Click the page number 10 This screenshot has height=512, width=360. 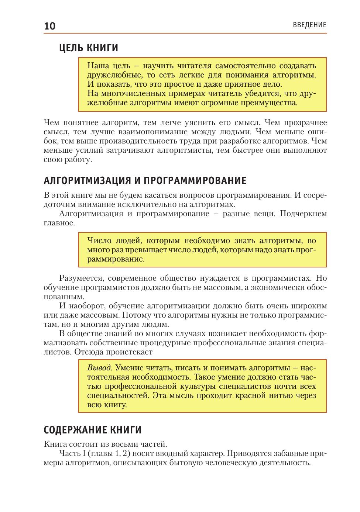pos(50,26)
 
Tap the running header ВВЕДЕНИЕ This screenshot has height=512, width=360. pos(309,25)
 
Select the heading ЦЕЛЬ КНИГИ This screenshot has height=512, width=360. pos(89,48)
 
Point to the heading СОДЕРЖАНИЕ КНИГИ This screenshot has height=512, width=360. pos(93,430)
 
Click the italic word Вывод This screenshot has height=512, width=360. pos(99,368)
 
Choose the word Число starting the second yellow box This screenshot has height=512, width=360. pos(97,241)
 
